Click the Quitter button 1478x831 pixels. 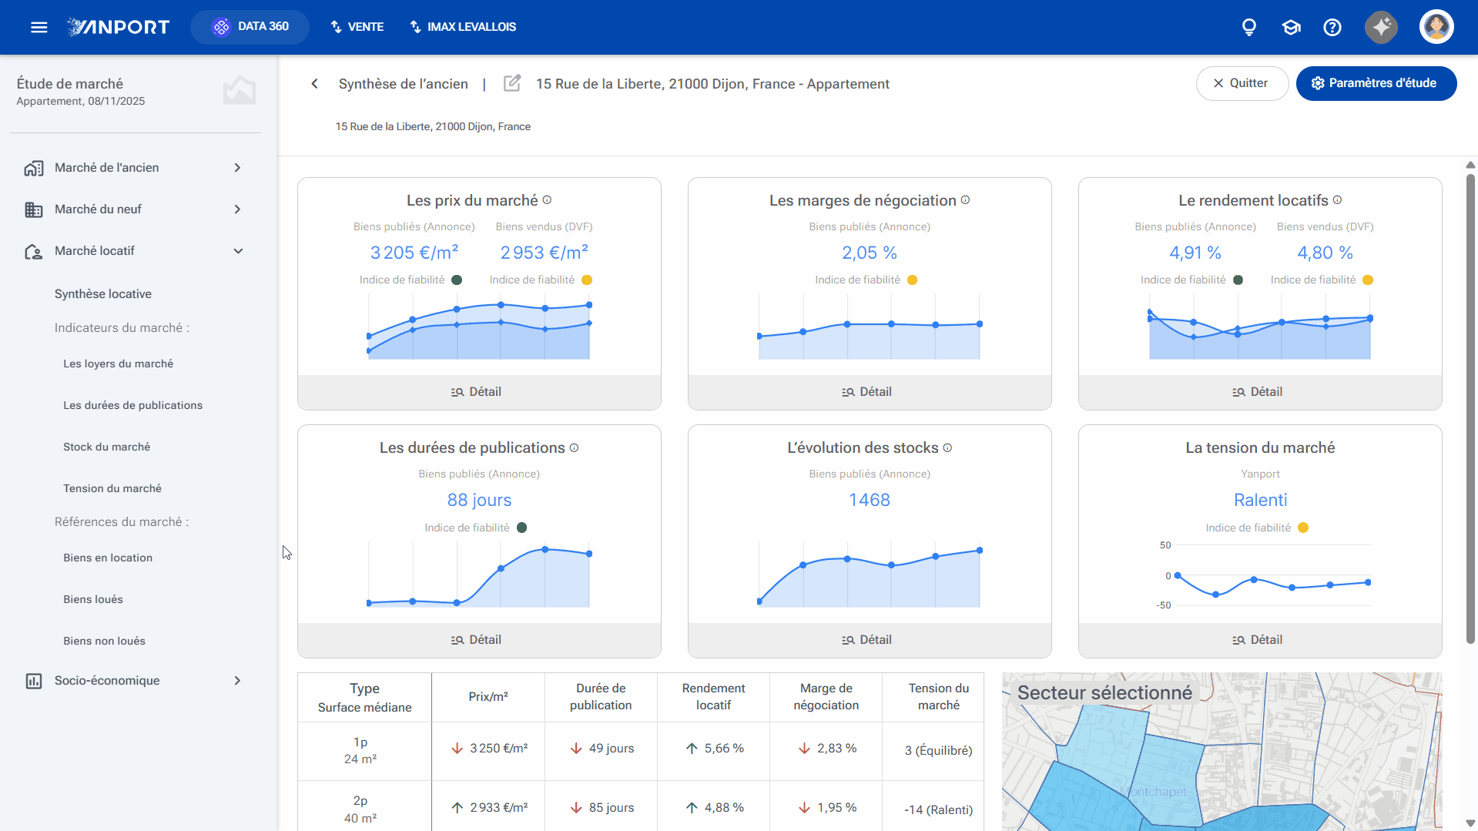click(x=1242, y=83)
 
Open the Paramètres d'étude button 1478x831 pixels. click(x=1376, y=83)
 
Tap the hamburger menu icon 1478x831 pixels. click(x=39, y=27)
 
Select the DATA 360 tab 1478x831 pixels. click(x=250, y=27)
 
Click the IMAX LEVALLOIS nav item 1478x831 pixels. click(x=463, y=27)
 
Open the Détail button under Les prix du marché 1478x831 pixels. click(x=478, y=392)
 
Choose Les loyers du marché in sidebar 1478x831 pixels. click(x=118, y=364)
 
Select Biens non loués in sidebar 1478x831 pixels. click(x=104, y=641)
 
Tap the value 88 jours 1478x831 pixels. click(x=479, y=500)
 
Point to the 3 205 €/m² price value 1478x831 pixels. click(x=414, y=253)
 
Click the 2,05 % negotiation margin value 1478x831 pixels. click(x=870, y=253)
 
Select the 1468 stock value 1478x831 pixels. click(x=870, y=500)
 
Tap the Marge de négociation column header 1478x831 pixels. click(x=826, y=696)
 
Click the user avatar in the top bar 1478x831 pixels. click(x=1436, y=27)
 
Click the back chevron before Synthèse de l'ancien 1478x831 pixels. click(x=314, y=84)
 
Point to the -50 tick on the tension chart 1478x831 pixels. click(x=1163, y=605)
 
